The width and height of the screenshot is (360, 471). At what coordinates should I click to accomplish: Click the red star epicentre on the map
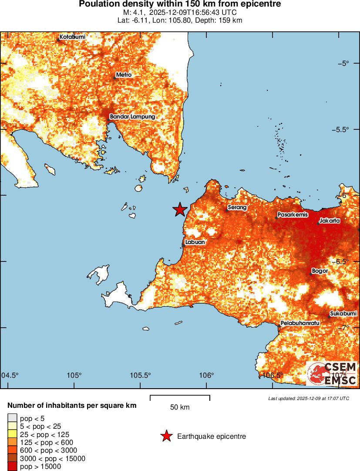(179, 210)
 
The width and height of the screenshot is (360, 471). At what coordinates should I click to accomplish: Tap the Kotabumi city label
(72, 37)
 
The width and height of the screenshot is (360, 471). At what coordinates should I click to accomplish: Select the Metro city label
(124, 75)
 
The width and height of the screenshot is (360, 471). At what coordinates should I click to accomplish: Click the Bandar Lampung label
(132, 117)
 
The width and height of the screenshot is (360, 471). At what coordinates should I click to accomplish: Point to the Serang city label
(238, 207)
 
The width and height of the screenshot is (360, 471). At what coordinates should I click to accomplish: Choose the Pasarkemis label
(293, 215)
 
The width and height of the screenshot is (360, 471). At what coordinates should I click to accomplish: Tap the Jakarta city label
(329, 221)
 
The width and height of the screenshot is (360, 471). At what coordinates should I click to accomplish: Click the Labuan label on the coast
(195, 242)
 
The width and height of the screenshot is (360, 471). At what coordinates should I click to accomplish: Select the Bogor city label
(320, 271)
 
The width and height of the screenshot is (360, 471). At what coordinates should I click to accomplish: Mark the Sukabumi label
(343, 314)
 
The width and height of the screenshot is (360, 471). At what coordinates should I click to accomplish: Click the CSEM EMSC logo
(332, 373)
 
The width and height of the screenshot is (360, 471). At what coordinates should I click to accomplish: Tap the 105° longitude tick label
(74, 376)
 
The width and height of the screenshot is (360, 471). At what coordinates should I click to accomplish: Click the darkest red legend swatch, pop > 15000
(12, 467)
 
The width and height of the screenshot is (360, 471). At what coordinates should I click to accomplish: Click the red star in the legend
(166, 436)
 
